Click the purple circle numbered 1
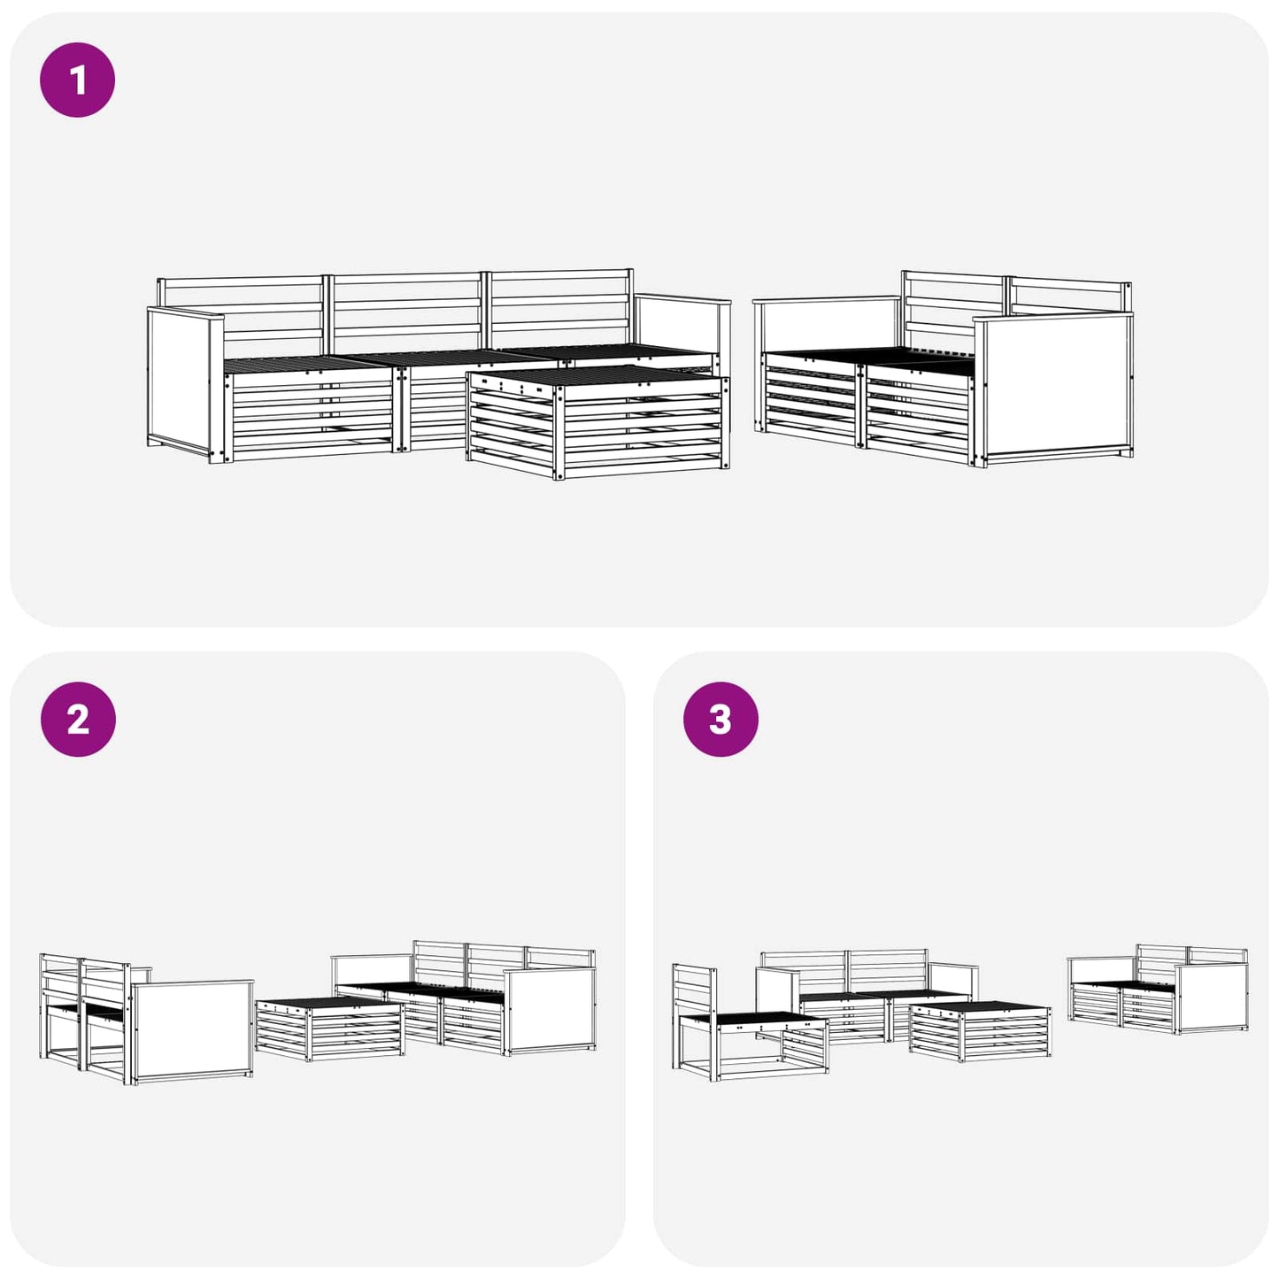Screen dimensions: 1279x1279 pyautogui.click(x=78, y=80)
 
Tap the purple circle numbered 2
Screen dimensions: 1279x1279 pyautogui.click(x=78, y=719)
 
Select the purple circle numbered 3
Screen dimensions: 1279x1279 pyautogui.click(x=720, y=719)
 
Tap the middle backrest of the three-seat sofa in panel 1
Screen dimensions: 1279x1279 pyautogui.click(x=406, y=312)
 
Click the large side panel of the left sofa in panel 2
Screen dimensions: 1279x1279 pyautogui.click(x=192, y=1031)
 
